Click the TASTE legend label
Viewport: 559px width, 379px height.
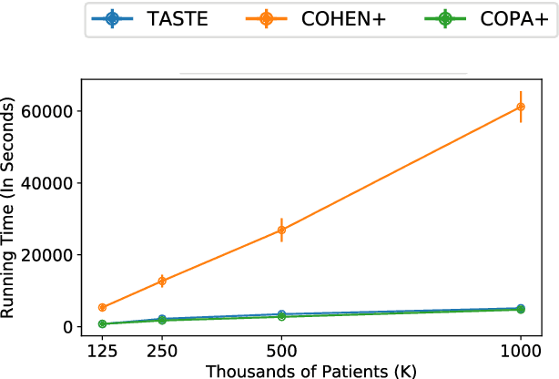(178, 18)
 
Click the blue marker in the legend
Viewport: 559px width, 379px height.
(111, 18)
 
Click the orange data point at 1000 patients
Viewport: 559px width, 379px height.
(520, 107)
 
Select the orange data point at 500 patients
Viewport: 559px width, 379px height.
(281, 230)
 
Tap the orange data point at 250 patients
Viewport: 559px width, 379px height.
(162, 281)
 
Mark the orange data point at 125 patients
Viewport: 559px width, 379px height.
(103, 308)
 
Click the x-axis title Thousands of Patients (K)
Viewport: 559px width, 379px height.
(311, 370)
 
